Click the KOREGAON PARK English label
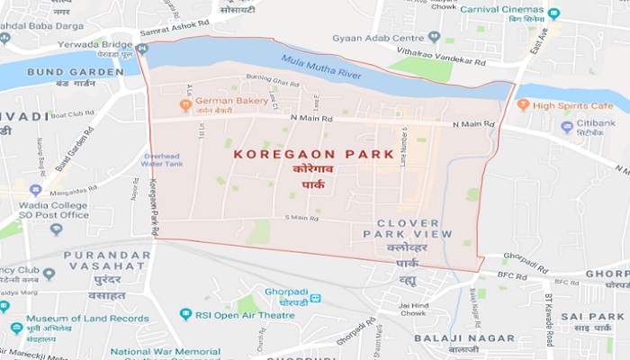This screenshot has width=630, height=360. [289, 154]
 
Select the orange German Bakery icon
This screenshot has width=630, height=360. [185, 103]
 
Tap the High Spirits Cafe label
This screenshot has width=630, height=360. [571, 104]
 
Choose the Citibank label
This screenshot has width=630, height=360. [596, 126]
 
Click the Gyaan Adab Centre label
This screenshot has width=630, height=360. [390, 38]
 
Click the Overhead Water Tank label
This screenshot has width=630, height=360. [162, 159]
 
